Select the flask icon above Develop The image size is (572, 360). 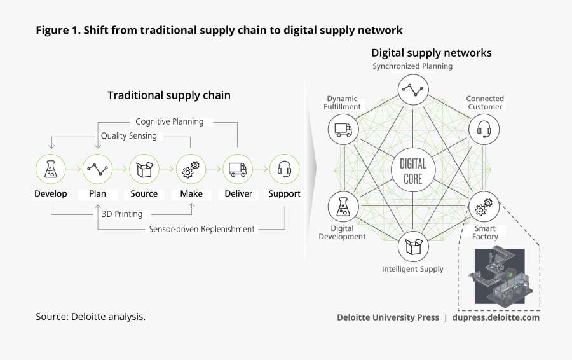[x=50, y=169]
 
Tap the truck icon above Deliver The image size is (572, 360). [x=238, y=169]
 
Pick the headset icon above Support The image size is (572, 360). [x=284, y=169]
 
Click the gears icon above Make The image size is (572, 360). [x=191, y=169]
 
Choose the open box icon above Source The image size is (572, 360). [x=144, y=169]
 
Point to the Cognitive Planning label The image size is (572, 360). [x=170, y=121]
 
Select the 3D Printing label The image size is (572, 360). [x=122, y=214]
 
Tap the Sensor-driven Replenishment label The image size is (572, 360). [x=201, y=229]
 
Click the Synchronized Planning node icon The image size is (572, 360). [x=413, y=90]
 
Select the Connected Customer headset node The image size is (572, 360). [x=484, y=130]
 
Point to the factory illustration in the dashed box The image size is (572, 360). [x=500, y=276]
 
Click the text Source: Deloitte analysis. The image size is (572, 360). [x=91, y=316]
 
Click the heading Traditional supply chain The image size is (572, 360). [x=169, y=95]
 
